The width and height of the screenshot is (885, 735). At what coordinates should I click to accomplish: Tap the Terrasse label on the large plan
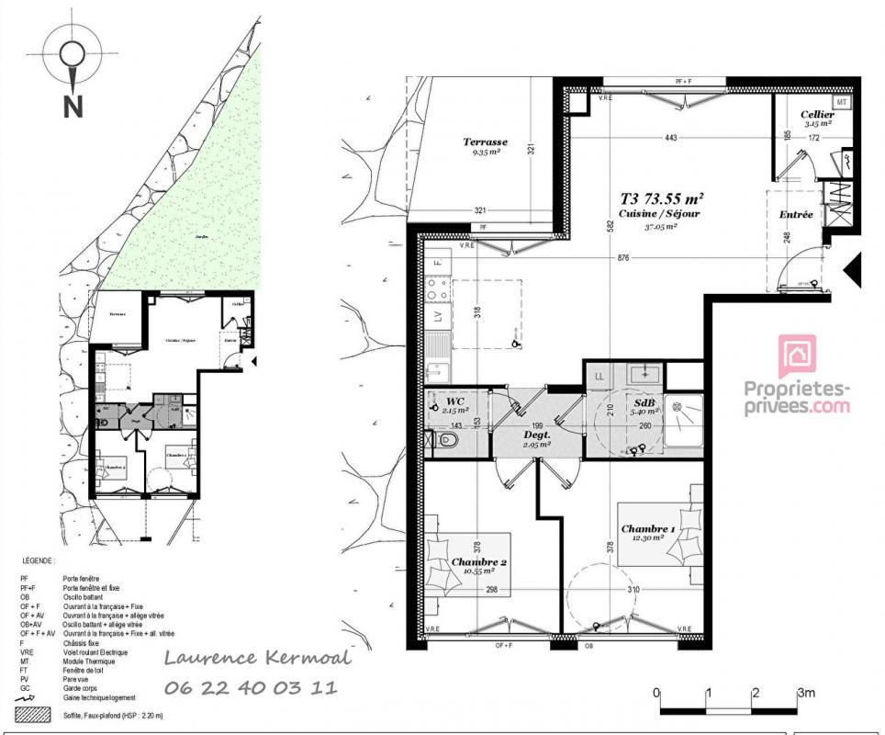[485, 142]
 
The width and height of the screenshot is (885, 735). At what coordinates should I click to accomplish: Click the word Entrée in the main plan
[796, 214]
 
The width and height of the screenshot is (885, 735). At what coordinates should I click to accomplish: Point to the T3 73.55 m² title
[662, 198]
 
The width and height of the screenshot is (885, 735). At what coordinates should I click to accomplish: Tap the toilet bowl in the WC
[447, 441]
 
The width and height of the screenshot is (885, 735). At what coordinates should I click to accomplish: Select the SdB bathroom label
[644, 403]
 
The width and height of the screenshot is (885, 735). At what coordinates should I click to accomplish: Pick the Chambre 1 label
[648, 529]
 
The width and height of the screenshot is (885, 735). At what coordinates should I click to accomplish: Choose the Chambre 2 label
[479, 561]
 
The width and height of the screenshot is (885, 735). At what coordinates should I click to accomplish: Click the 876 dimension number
[623, 258]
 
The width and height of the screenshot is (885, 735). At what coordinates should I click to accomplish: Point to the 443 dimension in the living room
[671, 138]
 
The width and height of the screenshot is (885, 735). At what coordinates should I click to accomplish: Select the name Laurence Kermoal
[257, 657]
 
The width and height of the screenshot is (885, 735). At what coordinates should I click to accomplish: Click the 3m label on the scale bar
[806, 693]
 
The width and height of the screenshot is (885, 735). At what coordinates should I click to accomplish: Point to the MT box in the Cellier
[842, 101]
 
